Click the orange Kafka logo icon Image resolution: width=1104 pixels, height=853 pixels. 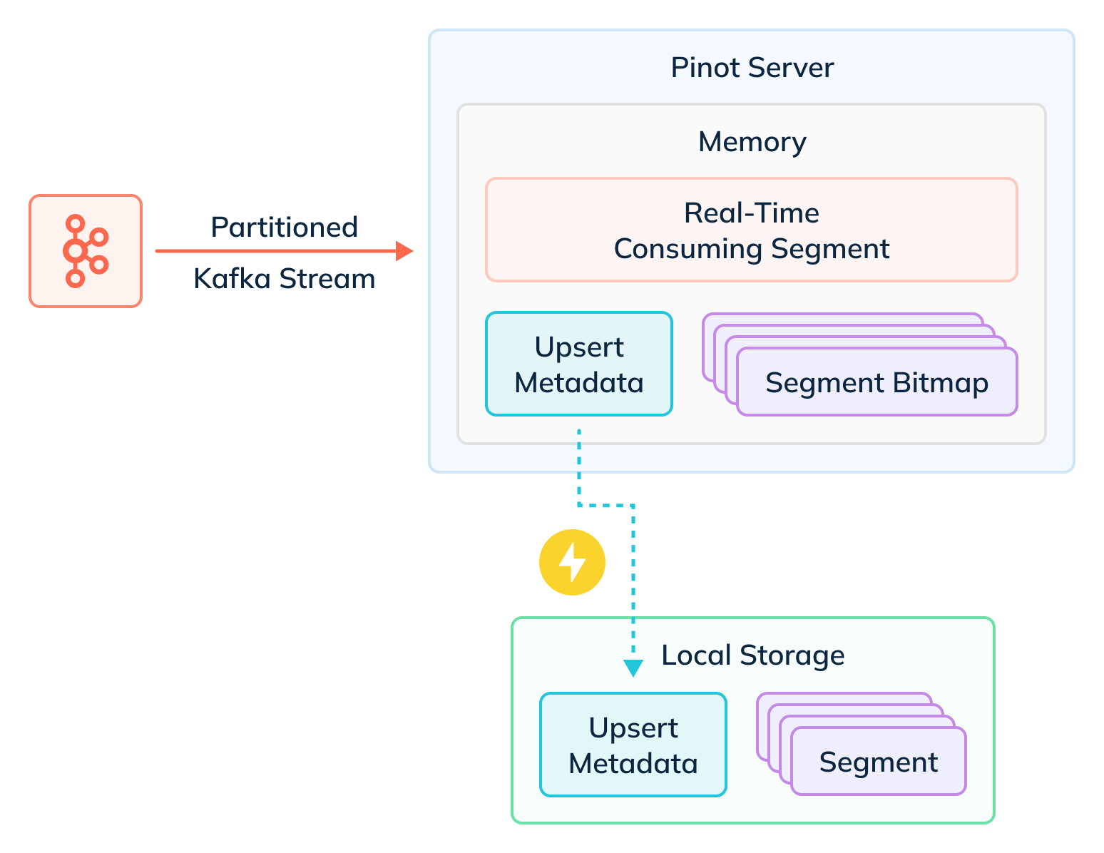[x=86, y=250]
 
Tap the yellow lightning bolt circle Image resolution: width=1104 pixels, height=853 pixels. [x=572, y=562]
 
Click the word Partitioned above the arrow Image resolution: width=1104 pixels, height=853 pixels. [x=284, y=228]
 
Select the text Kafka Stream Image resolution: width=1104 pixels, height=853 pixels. [x=284, y=278]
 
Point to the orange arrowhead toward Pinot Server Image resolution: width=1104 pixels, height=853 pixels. [x=405, y=251]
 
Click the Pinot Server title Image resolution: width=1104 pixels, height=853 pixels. [x=752, y=68]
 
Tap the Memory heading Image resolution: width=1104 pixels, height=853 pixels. [x=752, y=142]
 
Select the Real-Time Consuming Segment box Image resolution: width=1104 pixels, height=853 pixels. [x=751, y=230]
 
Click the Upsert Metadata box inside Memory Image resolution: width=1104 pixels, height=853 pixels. [x=578, y=364]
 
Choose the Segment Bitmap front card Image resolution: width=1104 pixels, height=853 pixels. [x=876, y=383]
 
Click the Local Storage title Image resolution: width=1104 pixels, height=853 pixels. [x=752, y=655]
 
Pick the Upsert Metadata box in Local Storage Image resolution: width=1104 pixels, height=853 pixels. [x=633, y=745]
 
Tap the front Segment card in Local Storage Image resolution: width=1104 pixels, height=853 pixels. [x=878, y=762]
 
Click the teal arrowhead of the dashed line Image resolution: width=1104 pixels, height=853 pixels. [x=633, y=668]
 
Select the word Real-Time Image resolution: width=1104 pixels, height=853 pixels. [x=751, y=213]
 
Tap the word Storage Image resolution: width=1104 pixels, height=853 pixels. [x=792, y=655]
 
